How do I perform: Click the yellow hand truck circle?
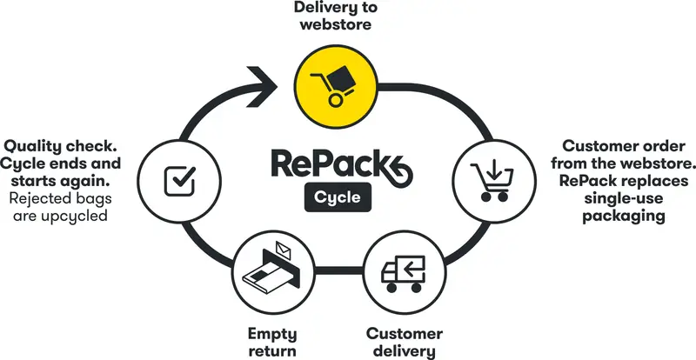(336, 87)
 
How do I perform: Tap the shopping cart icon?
(492, 182)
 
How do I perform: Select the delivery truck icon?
(404, 274)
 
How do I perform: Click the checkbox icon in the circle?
(179, 181)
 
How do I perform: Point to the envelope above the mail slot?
(283, 250)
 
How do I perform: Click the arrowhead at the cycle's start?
(263, 87)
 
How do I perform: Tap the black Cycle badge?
(338, 197)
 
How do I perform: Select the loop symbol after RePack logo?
(398, 172)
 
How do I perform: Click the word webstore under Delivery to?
(336, 24)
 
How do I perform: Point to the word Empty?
(272, 333)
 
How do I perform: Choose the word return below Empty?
(272, 350)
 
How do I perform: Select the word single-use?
(623, 198)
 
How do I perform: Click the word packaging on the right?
(623, 216)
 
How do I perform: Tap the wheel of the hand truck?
(336, 100)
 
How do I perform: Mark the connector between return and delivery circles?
(339, 270)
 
